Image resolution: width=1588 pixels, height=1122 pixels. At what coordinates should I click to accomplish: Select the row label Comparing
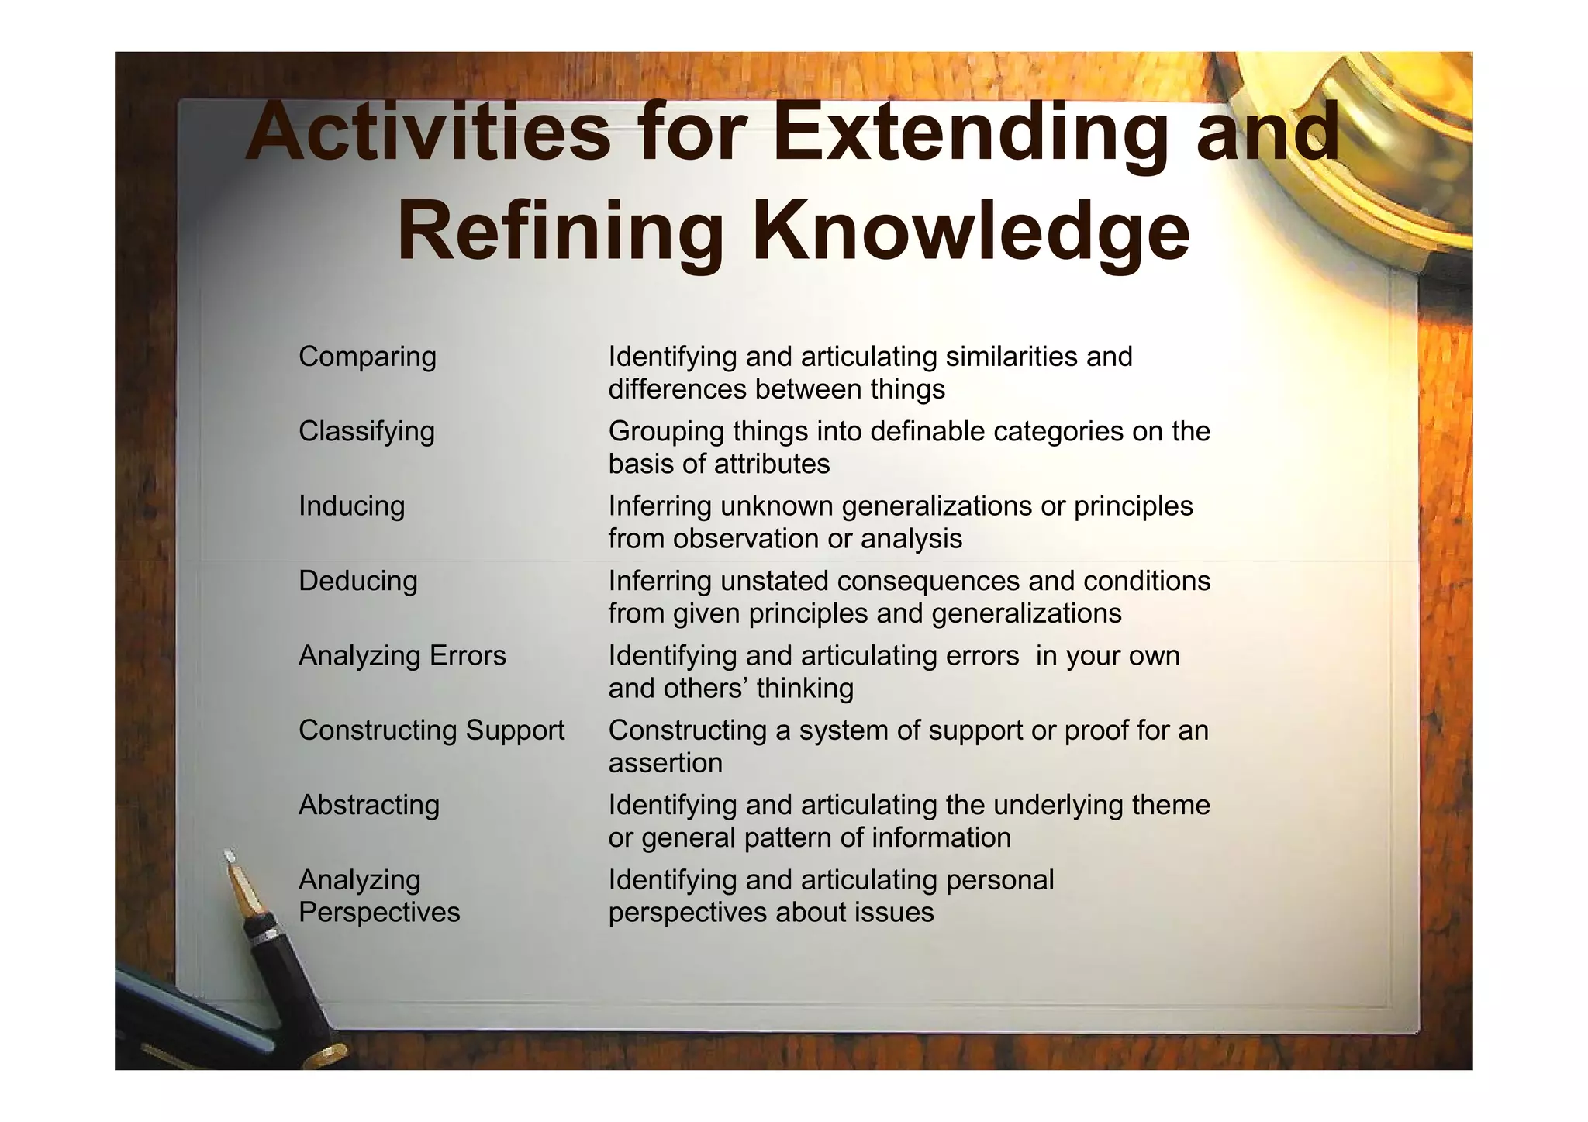(x=368, y=357)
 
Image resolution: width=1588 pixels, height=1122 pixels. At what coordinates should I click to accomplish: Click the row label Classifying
(x=367, y=431)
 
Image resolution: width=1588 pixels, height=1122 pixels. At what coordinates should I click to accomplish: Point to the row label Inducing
(x=351, y=506)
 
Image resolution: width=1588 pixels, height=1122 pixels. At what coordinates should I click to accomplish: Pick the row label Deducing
(x=357, y=581)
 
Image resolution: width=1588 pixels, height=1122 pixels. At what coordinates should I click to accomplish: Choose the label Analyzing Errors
(x=402, y=656)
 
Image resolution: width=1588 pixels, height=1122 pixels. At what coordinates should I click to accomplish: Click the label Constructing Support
(x=431, y=730)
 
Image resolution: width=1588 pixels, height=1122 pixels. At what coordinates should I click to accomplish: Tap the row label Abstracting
(x=369, y=805)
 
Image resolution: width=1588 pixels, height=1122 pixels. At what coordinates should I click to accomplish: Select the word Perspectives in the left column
(x=379, y=912)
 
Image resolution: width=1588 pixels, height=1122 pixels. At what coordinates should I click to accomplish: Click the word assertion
(x=665, y=763)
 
